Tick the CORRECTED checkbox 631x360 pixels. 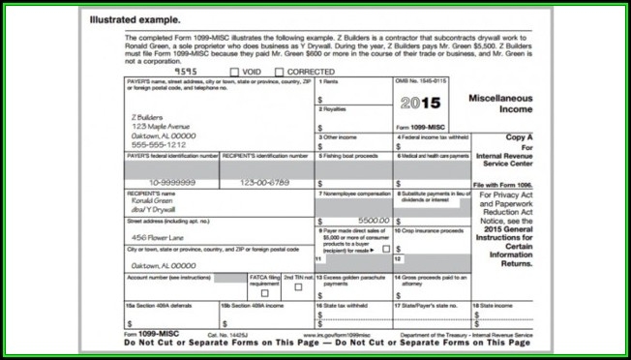[x=280, y=72]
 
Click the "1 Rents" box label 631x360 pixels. [x=331, y=82]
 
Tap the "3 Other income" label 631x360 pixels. [x=341, y=137]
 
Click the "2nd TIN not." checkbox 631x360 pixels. [x=298, y=287]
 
